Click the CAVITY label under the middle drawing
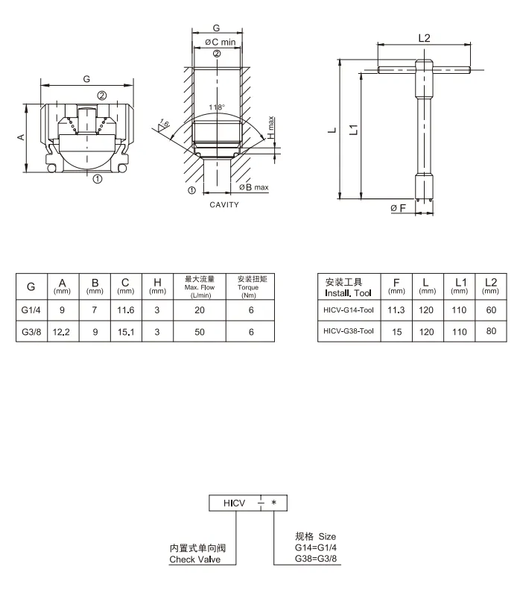pos(224,204)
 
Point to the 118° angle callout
pos(217,107)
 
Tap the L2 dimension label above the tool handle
pos(424,38)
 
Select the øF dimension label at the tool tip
pos(399,208)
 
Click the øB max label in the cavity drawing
pos(254,187)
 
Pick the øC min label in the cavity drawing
pos(221,42)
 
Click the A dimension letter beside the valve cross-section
pos(21,137)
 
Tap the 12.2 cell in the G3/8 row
pos(61,332)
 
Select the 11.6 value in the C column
pos(125,310)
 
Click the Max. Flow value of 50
pos(200,332)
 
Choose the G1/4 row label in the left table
pos(31,310)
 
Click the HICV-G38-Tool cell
pos(349,331)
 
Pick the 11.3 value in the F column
pos(396,310)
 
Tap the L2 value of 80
pos(491,331)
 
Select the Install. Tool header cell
pos(348,287)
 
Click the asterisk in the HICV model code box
pos(274,503)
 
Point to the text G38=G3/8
pos(316,559)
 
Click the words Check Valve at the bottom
pos(194,559)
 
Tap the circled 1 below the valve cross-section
pos(98,179)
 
